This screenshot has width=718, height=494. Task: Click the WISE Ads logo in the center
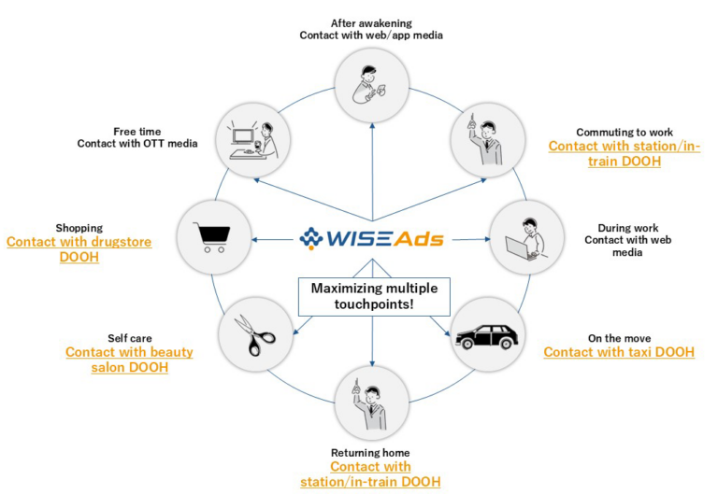pos(372,238)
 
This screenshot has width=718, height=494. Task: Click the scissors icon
pos(253,334)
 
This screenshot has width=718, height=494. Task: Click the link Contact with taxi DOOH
pos(619,352)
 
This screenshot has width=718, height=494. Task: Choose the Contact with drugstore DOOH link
pos(79,248)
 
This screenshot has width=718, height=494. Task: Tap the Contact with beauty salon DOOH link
pos(129,360)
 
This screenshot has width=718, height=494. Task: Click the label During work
pos(623,226)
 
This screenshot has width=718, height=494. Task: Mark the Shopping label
pos(79,227)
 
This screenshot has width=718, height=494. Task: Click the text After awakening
pos(372,21)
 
